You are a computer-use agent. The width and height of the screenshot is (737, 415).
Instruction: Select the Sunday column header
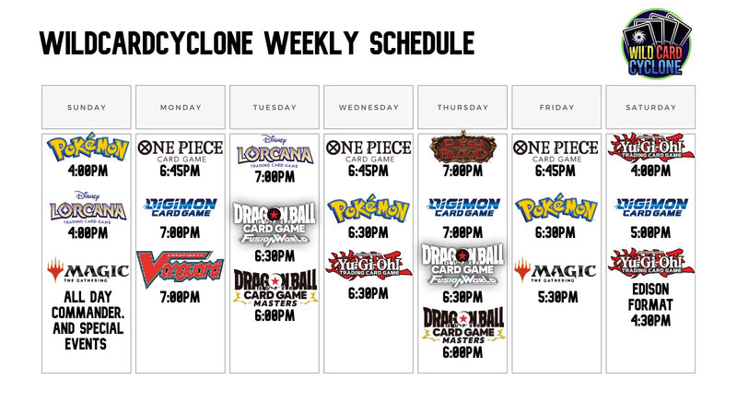(x=88, y=107)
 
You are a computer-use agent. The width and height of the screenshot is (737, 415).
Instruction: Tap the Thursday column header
(x=462, y=107)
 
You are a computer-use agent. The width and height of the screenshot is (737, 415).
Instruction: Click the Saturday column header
(x=650, y=107)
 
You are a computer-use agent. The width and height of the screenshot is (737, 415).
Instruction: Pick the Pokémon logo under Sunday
(x=88, y=149)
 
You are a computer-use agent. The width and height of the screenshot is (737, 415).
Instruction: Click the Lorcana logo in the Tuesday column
(x=275, y=151)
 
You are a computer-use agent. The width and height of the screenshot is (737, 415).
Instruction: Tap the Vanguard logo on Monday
(x=181, y=268)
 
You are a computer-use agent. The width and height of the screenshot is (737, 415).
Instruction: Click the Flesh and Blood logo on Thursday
(x=462, y=148)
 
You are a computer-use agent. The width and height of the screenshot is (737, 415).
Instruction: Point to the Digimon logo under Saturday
(x=650, y=207)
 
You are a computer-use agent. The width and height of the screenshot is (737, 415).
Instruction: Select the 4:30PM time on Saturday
(x=650, y=321)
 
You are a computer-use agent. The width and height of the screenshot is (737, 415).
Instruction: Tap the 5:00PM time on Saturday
(x=650, y=233)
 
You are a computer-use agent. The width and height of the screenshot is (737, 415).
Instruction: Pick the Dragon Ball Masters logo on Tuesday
(x=275, y=287)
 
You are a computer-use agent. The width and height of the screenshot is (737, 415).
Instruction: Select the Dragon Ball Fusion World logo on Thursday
(x=462, y=264)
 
